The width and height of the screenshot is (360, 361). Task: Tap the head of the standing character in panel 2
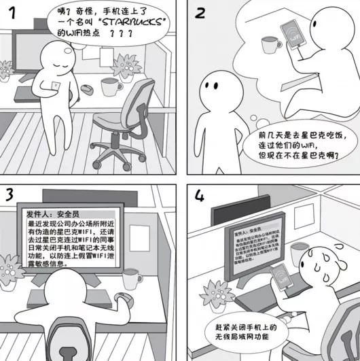218,86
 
